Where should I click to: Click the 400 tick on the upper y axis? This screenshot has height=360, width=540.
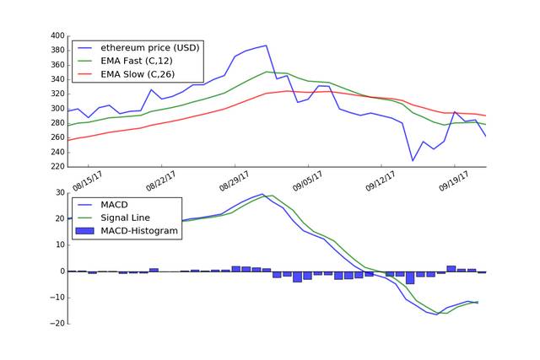pyautogui.click(x=57, y=36)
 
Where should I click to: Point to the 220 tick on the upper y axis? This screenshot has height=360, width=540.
pyautogui.click(x=57, y=167)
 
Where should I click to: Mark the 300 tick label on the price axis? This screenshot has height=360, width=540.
pyautogui.click(x=57, y=109)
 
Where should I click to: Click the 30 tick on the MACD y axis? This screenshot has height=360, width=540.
pyautogui.click(x=60, y=192)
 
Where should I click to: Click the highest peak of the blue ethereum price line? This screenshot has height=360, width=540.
pyautogui.click(x=266, y=46)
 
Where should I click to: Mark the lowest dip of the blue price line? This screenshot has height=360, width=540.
pyautogui.click(x=413, y=160)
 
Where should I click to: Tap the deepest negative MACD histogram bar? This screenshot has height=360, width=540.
pyautogui.click(x=410, y=277)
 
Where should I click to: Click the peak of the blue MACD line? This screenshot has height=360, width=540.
pyautogui.click(x=262, y=194)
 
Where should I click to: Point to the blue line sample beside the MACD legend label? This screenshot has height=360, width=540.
pyautogui.click(x=84, y=205)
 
